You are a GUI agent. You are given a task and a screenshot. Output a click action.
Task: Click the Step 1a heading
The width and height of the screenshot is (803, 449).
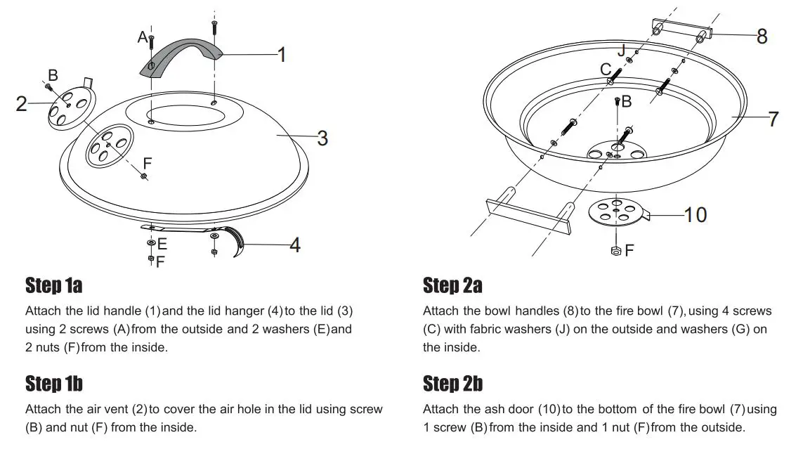(54, 286)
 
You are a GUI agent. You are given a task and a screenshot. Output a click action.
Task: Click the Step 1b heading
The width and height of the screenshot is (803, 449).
(54, 384)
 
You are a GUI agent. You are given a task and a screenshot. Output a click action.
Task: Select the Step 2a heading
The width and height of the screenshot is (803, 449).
(452, 286)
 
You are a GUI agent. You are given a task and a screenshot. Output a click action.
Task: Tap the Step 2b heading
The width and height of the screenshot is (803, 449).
(452, 384)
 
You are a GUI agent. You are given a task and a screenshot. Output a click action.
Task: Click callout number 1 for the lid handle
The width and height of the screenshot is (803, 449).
(281, 55)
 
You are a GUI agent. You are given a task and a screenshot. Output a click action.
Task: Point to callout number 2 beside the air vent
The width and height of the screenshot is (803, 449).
(22, 104)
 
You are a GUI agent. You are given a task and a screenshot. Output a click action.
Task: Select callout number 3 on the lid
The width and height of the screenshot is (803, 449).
(322, 138)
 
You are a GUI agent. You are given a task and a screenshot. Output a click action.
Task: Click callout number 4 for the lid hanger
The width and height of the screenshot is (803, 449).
(294, 245)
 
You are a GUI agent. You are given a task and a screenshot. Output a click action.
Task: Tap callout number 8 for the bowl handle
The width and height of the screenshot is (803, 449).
(762, 37)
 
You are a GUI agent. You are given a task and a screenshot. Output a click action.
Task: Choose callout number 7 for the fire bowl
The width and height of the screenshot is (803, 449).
(773, 119)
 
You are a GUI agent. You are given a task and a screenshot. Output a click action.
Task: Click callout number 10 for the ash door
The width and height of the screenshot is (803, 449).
(695, 214)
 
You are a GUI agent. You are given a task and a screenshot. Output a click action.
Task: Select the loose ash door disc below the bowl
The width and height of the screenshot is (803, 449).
(615, 212)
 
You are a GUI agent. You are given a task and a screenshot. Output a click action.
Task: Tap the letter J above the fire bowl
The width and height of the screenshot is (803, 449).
(620, 51)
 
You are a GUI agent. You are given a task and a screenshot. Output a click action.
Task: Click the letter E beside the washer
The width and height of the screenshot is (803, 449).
(162, 244)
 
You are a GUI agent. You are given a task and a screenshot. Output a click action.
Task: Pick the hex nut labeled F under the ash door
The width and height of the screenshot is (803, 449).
(615, 249)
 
